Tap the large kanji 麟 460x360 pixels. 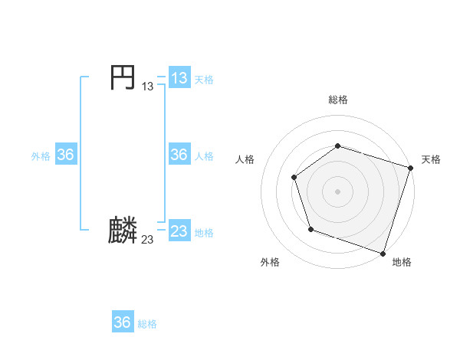point(123,231)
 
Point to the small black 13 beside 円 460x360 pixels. point(147,87)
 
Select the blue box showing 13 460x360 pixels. point(179,78)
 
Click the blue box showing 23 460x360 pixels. point(179,231)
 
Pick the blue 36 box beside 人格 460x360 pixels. point(179,155)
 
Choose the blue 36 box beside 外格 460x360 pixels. point(65,155)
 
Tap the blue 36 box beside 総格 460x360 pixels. point(123,322)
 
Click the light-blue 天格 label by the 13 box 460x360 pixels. point(204,80)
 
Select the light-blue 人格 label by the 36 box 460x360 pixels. point(204,156)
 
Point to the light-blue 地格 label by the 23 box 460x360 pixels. point(204,232)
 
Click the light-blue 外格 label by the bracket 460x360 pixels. point(41,156)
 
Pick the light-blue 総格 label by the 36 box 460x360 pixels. point(147,324)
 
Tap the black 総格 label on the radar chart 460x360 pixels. point(338,100)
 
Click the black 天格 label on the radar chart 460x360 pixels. point(431,159)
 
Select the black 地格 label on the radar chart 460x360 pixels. point(402,262)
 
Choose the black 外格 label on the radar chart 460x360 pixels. point(270,262)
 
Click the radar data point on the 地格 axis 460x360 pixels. point(383,252)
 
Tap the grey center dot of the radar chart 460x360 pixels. point(337,191)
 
